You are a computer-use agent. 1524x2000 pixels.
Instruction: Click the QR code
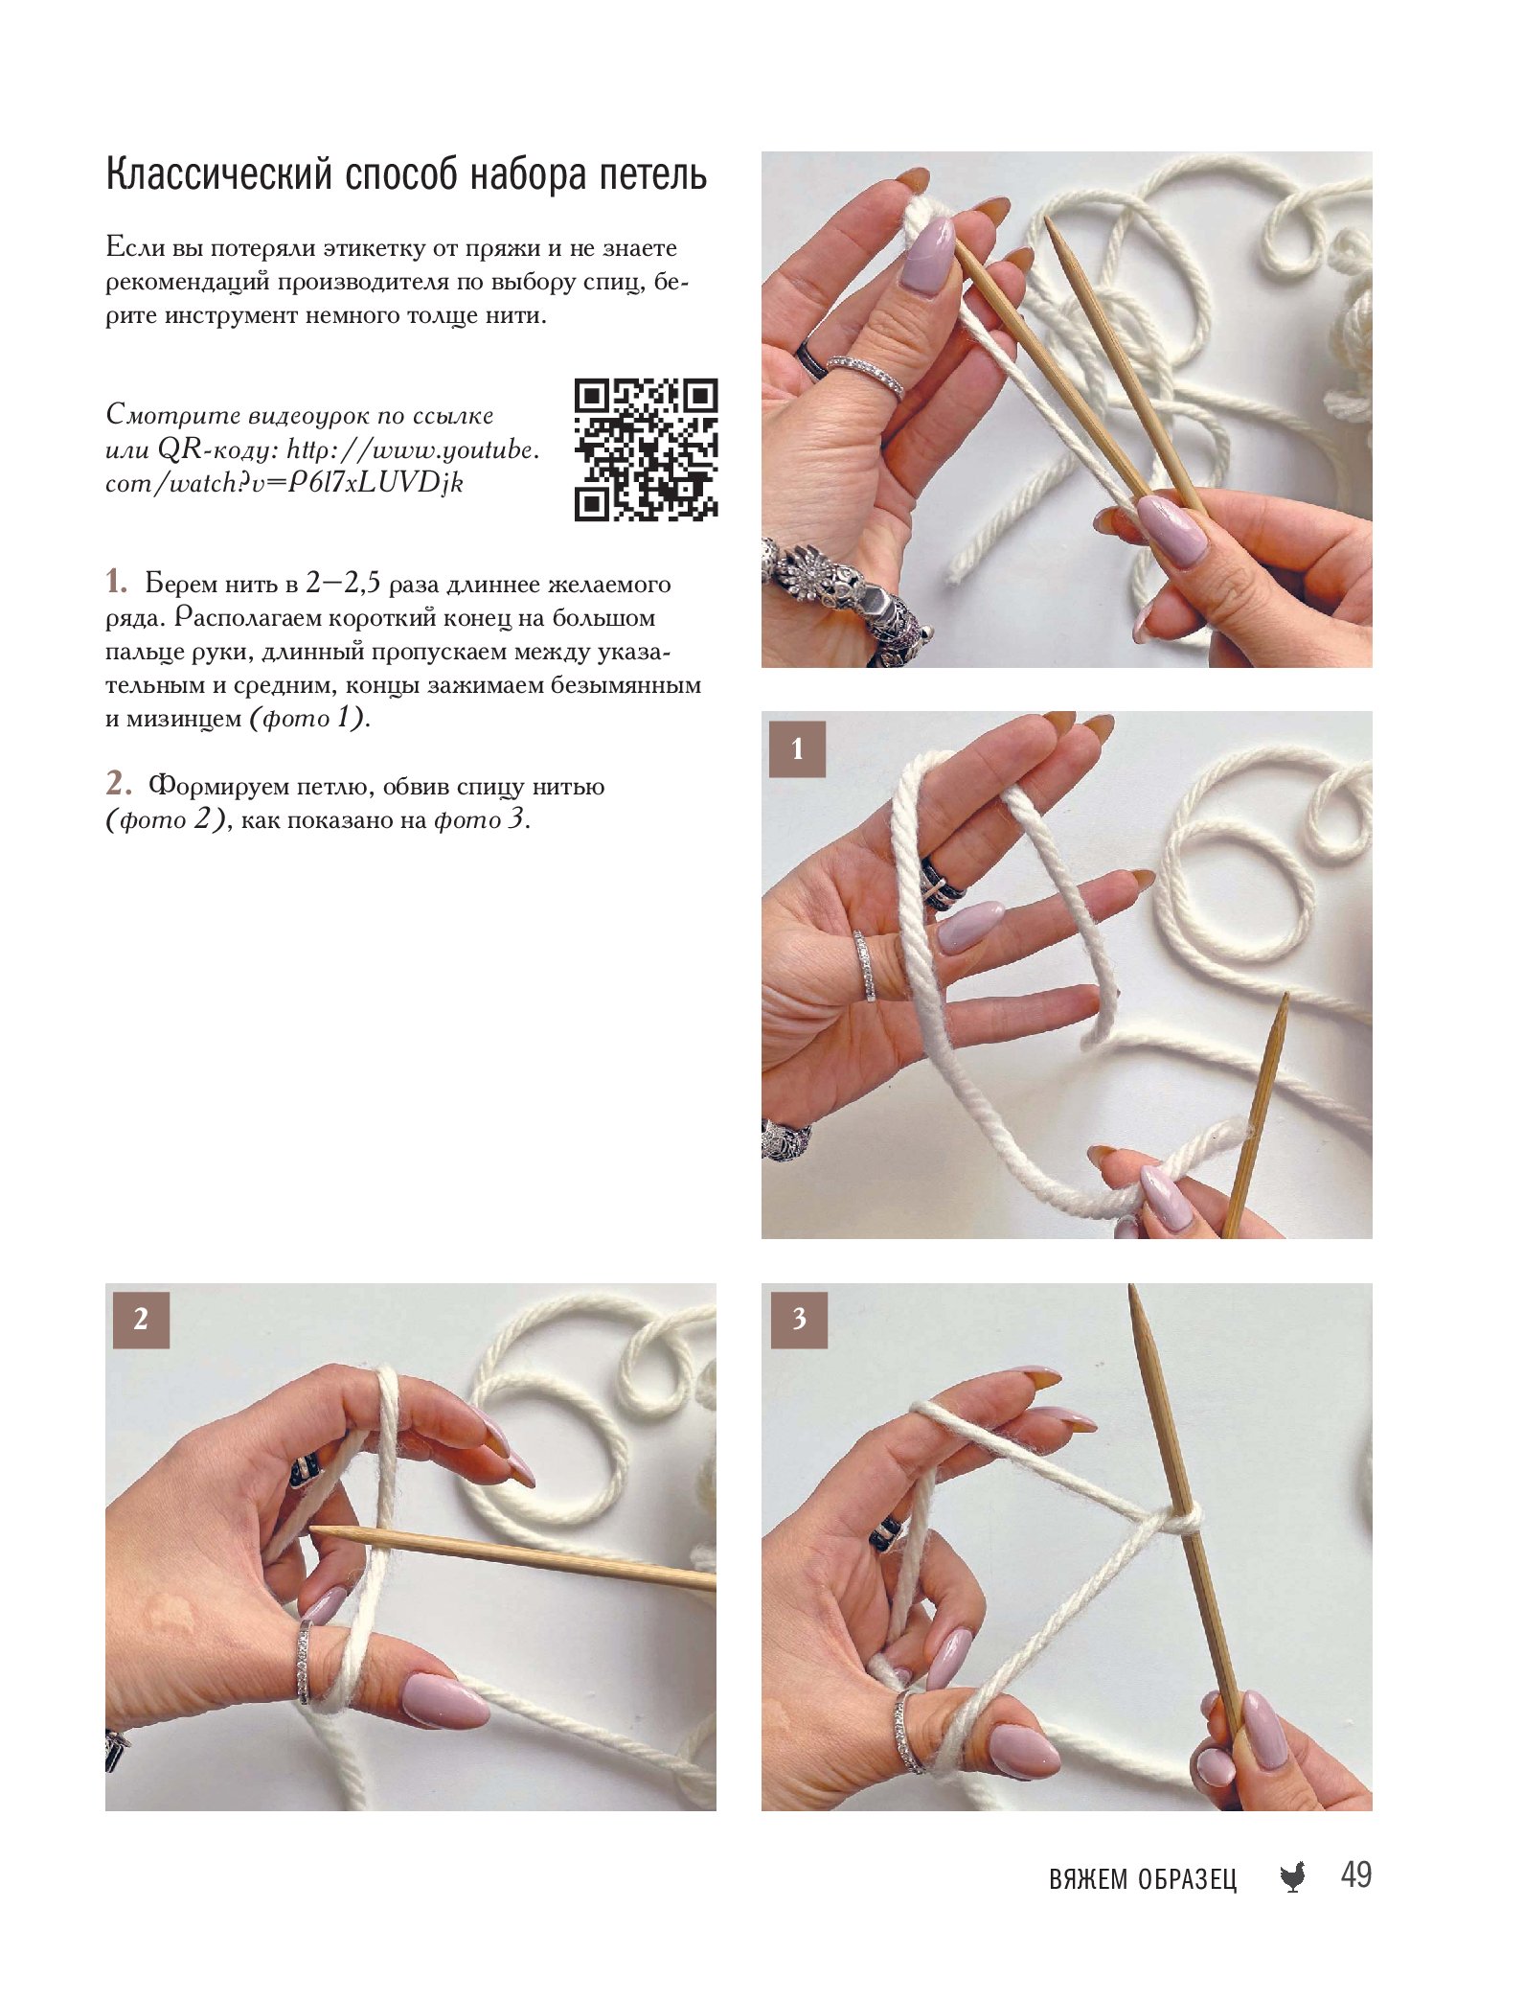[646, 449]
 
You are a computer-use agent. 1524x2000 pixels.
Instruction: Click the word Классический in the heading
[219, 176]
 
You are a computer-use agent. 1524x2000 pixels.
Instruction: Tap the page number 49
[1356, 1874]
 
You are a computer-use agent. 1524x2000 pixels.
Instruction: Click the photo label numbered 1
[797, 748]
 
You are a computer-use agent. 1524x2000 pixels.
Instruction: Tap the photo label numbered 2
[141, 1320]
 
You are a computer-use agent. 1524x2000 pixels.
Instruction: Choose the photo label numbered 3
[799, 1320]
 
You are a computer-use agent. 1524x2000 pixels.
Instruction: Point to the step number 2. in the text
[118, 784]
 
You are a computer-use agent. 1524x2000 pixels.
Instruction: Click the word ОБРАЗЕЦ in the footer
[1188, 1879]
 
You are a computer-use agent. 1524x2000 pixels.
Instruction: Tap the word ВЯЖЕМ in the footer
[1089, 1879]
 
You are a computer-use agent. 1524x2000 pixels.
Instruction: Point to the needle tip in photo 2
[314, 1532]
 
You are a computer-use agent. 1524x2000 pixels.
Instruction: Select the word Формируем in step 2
[216, 788]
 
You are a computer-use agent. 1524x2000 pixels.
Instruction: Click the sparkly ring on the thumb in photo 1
[865, 966]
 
